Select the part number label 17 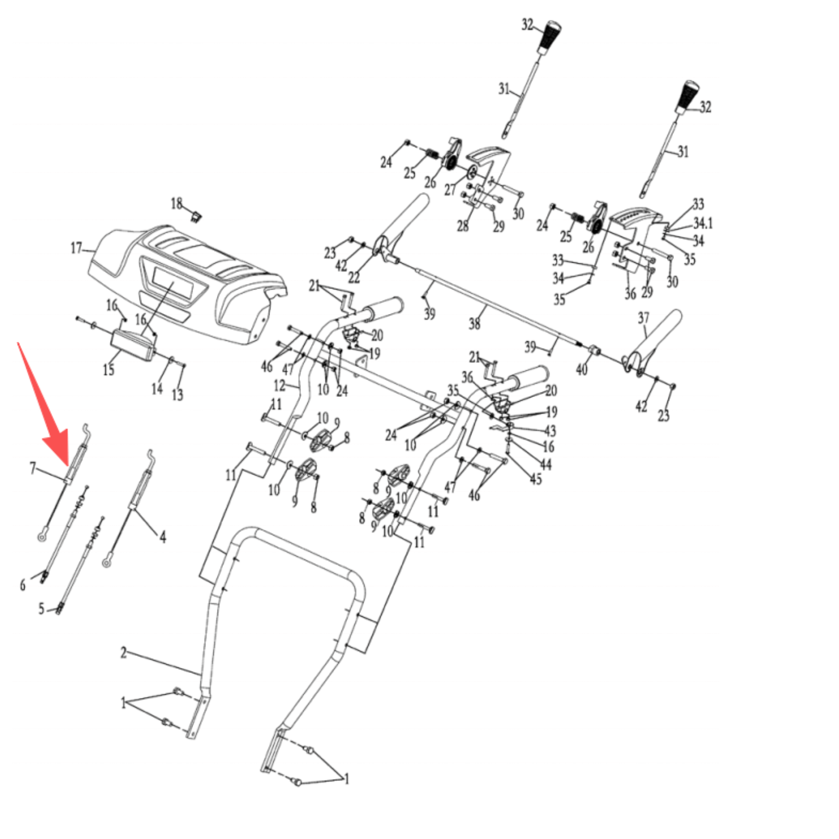76,248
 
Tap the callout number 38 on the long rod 474,324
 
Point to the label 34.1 702,223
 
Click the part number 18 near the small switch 177,203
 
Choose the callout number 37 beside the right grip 643,318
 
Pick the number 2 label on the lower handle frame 124,652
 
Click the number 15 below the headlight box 108,370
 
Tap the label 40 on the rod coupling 582,370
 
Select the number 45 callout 535,479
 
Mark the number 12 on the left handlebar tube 279,386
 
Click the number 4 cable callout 163,536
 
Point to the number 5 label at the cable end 41,608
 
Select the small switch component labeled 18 197,215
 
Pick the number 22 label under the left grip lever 354,277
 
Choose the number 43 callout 550,431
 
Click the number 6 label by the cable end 23,585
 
